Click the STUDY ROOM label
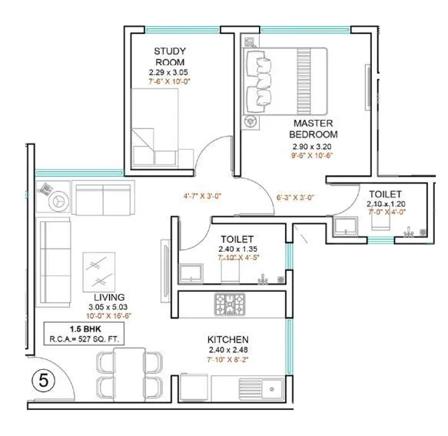171,57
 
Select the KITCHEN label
227,339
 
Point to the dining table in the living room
130,373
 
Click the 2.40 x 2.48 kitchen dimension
227,351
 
